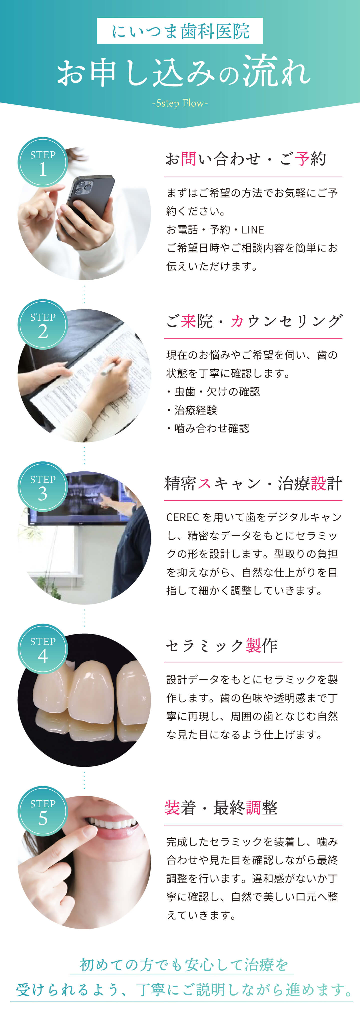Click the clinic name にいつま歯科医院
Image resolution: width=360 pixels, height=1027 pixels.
[180, 31]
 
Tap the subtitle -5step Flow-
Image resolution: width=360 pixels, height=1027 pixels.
[180, 103]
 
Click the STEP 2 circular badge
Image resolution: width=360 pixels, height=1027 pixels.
[43, 325]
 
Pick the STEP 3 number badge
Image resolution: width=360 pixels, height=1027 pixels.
[43, 487]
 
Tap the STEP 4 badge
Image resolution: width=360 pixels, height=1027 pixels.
[43, 649]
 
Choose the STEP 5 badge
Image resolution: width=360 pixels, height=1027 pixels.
[43, 811]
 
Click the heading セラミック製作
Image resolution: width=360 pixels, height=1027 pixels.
[222, 645]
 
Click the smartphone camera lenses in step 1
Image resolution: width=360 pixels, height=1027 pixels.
[84, 187]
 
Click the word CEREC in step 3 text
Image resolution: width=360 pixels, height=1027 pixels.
[183, 517]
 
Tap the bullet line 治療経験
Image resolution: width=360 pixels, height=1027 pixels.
[192, 410]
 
